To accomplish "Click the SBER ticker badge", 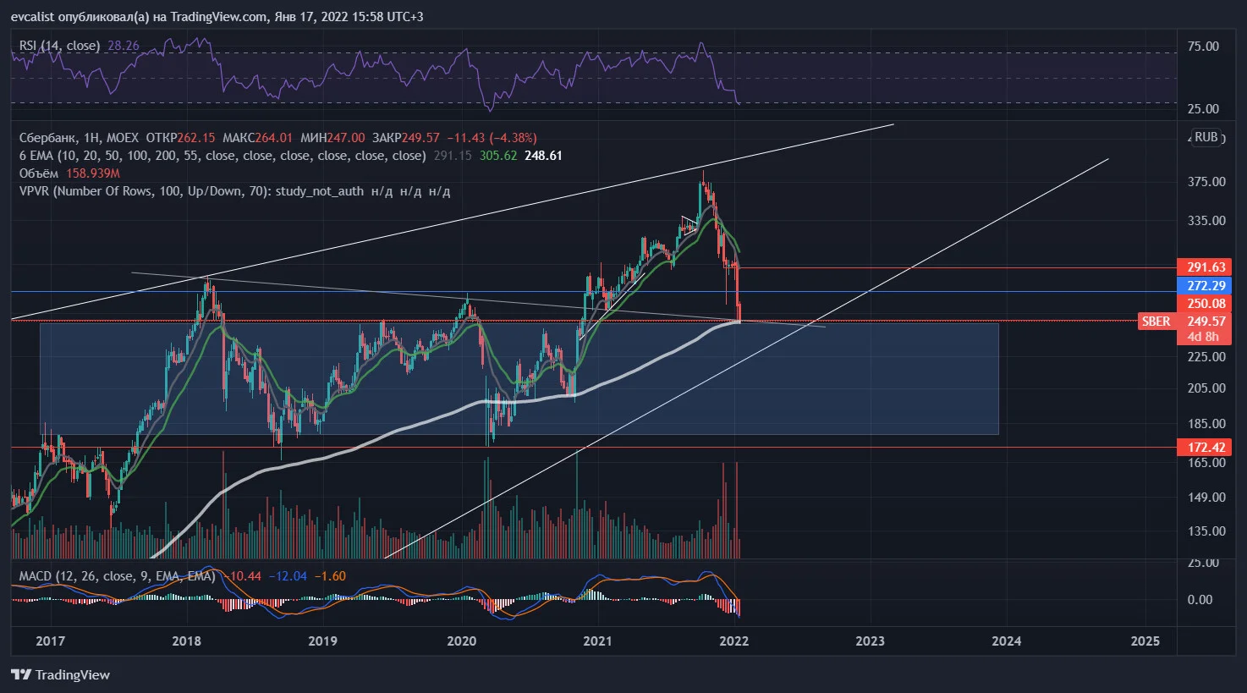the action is tap(1156, 322).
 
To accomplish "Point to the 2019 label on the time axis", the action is tap(323, 641).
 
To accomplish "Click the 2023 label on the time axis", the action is tap(871, 641).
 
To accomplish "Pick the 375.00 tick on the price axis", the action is tap(1206, 182).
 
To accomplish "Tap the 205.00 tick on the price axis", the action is tap(1206, 388).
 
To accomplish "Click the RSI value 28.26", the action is tap(123, 46).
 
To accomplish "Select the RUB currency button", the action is tap(1206, 137).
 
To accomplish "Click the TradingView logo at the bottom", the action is tap(61, 675).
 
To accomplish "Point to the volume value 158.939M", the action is tap(93, 173).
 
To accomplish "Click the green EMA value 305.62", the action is tap(498, 156).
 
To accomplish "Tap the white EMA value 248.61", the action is tap(543, 156).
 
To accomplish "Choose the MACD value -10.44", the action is tap(243, 576).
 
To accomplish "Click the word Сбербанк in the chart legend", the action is tap(47, 137).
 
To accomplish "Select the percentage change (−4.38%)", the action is tap(514, 137).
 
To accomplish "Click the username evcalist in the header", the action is tap(32, 17).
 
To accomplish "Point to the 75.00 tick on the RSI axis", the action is tap(1203, 47).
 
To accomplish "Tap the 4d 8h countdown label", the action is tap(1203, 337).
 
